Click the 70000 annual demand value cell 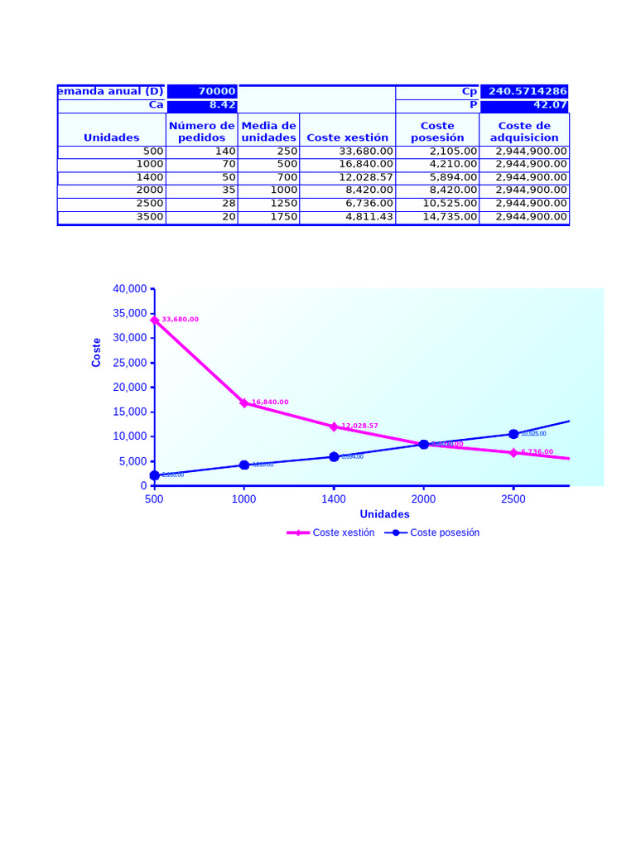[202, 91]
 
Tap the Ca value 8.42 [202, 105]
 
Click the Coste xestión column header [347, 137]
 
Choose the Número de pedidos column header [202, 131]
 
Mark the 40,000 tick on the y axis [130, 288]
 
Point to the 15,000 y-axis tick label [130, 412]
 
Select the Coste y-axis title [97, 352]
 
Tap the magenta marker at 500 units [154, 319]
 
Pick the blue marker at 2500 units [513, 434]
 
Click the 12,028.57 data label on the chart [359, 426]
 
